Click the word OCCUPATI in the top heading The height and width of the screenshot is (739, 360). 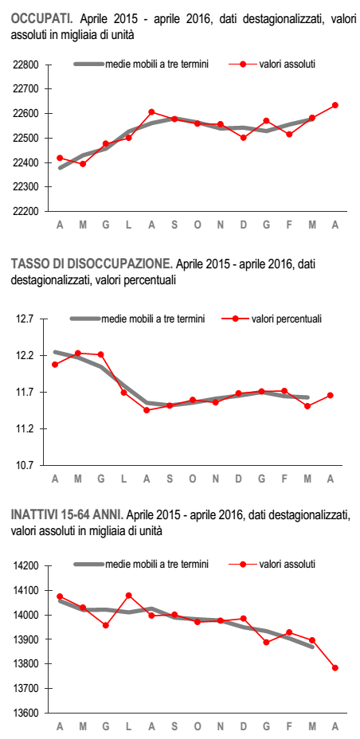click(41, 19)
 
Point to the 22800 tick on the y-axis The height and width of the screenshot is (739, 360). click(25, 65)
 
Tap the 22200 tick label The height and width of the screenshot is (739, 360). click(25, 212)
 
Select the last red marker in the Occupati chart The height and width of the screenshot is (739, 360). click(335, 105)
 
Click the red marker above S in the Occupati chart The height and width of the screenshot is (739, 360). click(174, 119)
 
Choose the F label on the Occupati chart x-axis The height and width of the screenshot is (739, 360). click(289, 225)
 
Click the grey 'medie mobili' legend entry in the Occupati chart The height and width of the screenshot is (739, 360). click(141, 64)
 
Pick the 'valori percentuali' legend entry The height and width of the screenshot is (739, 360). click(272, 319)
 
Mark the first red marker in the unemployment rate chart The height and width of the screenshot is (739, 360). click(55, 364)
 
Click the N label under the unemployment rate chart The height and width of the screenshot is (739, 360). click(215, 479)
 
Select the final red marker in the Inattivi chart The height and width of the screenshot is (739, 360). click(335, 667)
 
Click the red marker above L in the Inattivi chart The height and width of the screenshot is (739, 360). click(129, 595)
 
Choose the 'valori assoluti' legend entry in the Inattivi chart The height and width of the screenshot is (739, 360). click(272, 564)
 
